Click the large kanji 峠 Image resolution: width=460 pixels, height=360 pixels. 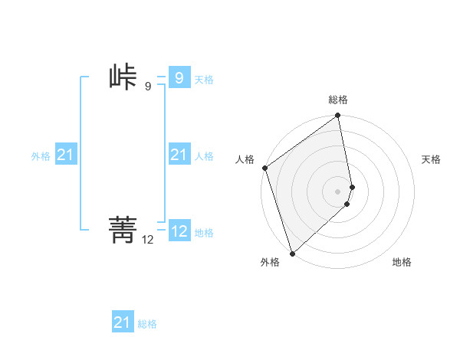click(123, 78)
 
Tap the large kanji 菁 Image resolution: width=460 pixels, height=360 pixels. click(123, 229)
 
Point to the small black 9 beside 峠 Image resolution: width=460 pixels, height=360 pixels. click(147, 87)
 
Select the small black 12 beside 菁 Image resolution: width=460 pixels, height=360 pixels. click(147, 240)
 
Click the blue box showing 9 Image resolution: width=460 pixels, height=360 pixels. click(179, 78)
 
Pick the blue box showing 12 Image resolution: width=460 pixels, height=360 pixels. click(179, 231)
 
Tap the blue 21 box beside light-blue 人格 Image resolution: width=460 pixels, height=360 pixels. click(179, 155)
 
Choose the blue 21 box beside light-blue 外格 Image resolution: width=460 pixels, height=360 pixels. click(65, 155)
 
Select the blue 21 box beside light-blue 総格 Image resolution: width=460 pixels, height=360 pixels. click(122, 322)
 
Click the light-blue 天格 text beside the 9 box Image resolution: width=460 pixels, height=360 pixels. click(204, 80)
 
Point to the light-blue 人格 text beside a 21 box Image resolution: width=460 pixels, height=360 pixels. click(204, 156)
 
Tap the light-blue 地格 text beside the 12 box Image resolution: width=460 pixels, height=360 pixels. click(204, 233)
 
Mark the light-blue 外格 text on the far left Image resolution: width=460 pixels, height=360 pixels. click(41, 156)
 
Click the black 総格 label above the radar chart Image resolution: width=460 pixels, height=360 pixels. click(338, 100)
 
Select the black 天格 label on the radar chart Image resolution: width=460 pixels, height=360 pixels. click(431, 159)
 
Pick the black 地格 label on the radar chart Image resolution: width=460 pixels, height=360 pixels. click(402, 262)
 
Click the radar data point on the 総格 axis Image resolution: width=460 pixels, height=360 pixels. click(338, 116)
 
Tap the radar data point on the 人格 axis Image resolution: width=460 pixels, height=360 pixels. click(264, 168)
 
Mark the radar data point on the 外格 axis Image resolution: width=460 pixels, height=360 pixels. click(292, 254)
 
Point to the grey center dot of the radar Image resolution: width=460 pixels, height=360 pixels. click(338, 191)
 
